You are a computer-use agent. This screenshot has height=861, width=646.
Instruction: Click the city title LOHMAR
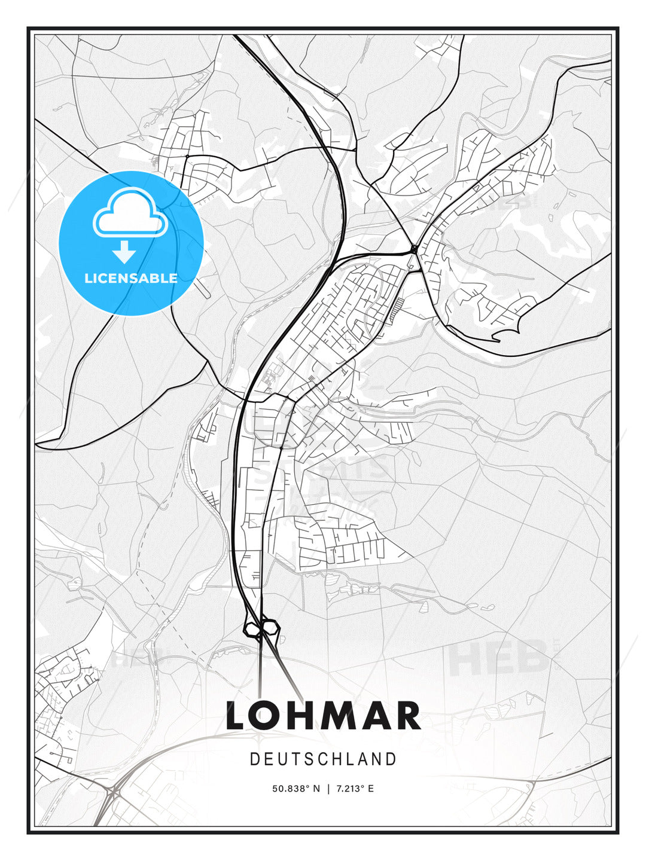coord(323,716)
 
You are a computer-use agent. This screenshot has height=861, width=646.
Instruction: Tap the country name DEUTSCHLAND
coord(323,759)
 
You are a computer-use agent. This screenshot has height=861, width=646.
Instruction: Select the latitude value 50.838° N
coord(296,789)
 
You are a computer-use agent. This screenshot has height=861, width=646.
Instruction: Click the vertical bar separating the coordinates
coord(328,789)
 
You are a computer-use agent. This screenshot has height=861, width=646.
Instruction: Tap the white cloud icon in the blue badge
coord(130,213)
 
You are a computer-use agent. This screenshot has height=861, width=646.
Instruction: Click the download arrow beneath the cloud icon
coord(124,252)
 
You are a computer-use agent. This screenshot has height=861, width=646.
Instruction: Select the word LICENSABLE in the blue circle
coord(131,278)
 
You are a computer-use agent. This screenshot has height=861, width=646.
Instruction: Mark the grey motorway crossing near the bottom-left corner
coord(112,793)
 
